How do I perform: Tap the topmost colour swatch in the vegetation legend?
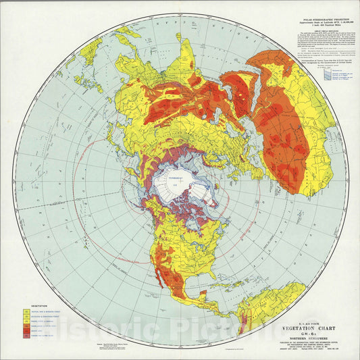[x=26, y=292]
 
